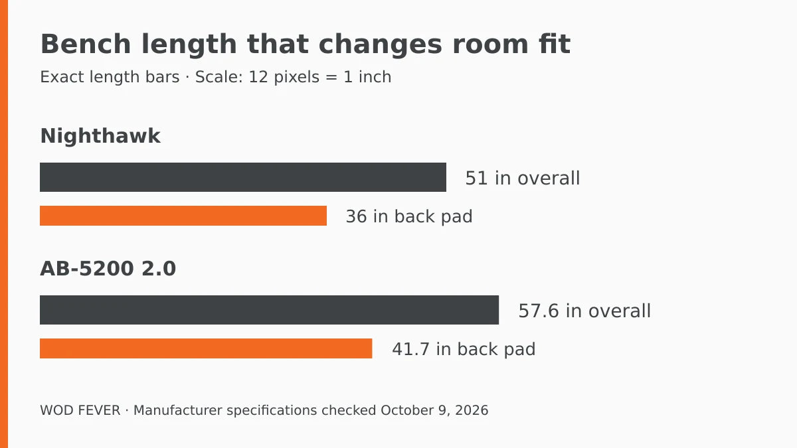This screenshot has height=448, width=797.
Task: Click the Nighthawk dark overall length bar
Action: coord(243,177)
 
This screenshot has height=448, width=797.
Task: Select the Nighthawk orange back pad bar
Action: coord(183,216)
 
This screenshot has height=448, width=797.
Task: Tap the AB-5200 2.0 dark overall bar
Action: coord(270,310)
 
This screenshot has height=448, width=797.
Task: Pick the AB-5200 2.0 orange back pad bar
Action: coord(206,348)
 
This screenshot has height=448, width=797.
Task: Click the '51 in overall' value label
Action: coord(522,178)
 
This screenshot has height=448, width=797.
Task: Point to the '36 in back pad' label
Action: coord(409,216)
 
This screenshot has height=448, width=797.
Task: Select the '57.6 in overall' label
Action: coord(584,311)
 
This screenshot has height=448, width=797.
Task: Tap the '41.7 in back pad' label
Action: coord(464,349)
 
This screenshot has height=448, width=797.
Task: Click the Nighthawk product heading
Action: coord(100,136)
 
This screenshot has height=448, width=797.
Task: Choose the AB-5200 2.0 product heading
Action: coord(108,268)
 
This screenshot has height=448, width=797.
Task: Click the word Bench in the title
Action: coord(86,44)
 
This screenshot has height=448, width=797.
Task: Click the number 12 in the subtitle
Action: coord(258,77)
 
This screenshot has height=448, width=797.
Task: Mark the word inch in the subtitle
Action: coord(375,77)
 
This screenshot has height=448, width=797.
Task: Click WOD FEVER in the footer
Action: coord(80,410)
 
